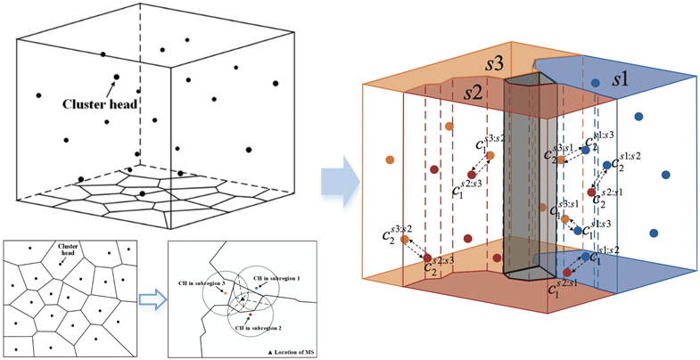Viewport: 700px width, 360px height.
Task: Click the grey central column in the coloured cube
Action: click(530, 178)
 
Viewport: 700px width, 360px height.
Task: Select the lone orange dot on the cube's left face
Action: click(390, 160)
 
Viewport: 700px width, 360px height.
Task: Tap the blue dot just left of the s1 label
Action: click(595, 83)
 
